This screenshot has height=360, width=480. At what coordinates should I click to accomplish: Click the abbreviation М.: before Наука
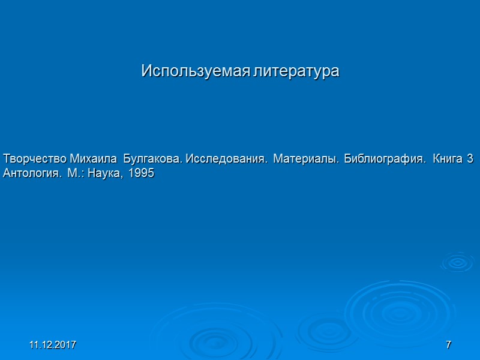[74, 174]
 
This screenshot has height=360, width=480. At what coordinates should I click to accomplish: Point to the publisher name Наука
[102, 174]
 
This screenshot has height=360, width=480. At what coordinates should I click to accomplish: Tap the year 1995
[139, 174]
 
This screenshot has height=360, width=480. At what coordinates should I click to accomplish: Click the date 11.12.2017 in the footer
[53, 346]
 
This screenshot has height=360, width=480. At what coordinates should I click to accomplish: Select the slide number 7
[448, 346]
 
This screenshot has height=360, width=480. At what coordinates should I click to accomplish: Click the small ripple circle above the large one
[457, 262]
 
